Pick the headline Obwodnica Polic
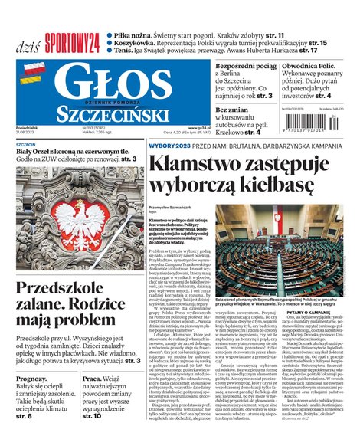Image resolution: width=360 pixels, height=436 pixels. [x=312, y=67]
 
